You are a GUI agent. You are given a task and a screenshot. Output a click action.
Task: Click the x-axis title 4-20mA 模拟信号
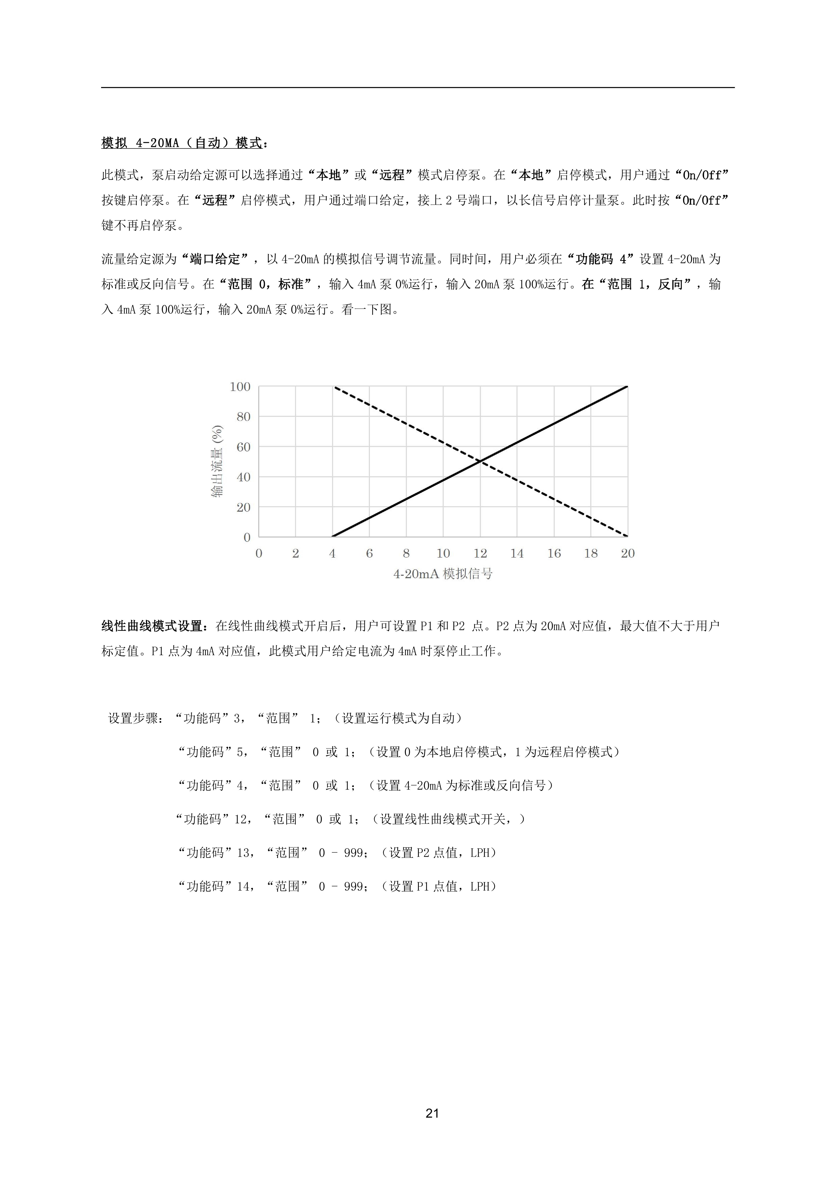tap(443, 574)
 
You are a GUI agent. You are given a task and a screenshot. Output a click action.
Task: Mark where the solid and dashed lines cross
tap(480, 461)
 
